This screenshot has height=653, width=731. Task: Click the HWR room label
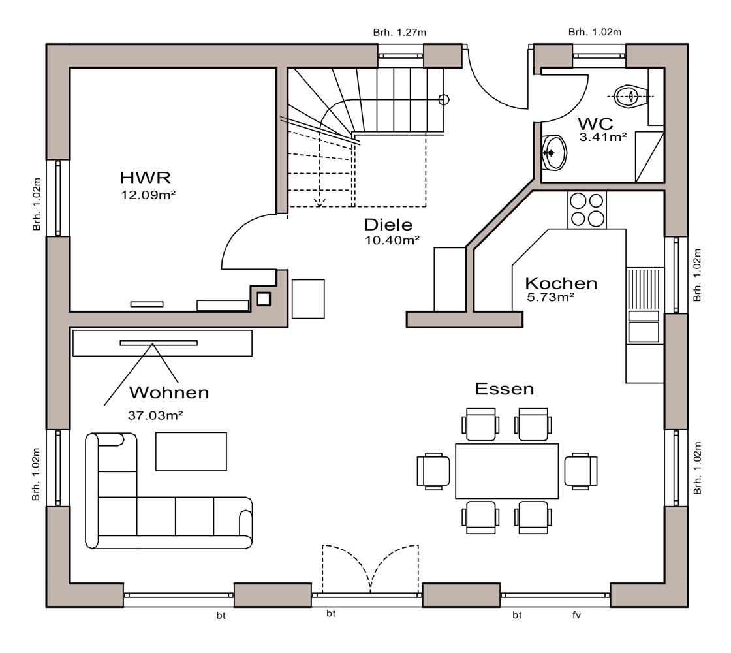pos(146,178)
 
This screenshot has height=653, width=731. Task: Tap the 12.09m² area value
pos(148,195)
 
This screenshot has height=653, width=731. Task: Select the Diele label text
pos(388,225)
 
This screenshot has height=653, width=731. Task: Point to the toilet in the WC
pos(630,97)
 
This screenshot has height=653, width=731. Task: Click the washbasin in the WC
pos(554,153)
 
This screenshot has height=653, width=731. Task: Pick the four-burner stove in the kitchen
pos(587,210)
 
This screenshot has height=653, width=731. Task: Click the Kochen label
pos(561,283)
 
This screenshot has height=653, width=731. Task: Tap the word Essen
pos(505,389)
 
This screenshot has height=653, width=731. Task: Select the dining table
pos(506,471)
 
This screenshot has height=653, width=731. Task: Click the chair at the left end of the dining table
pos(433,471)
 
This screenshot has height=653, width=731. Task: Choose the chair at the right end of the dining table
pos(581,471)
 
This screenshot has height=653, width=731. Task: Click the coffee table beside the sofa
pos(191,451)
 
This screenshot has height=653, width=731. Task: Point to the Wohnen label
pos(169,392)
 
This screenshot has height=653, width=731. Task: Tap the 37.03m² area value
pos(155,415)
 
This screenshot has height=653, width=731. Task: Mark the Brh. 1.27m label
pos(399,32)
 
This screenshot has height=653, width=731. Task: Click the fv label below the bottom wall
pos(577,615)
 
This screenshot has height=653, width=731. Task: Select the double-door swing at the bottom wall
pos(371,569)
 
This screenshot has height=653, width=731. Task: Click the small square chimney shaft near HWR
pos(264,298)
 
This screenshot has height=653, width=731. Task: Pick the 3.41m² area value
pos(603,137)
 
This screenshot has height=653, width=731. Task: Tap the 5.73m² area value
pos(551,297)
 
